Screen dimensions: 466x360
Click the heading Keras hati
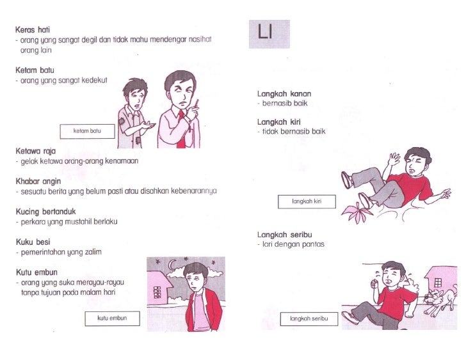[33, 30]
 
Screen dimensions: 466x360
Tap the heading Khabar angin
[38, 182]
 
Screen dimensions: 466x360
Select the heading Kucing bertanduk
[46, 212]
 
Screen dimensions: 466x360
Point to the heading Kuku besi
[33, 242]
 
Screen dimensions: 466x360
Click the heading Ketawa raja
[36, 151]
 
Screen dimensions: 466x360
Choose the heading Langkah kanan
[284, 94]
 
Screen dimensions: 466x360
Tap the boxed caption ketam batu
[87, 131]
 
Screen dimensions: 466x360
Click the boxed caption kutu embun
[113, 318]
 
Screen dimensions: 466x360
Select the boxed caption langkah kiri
[307, 201]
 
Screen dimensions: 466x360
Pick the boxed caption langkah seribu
[309, 318]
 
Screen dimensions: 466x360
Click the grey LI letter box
[269, 34]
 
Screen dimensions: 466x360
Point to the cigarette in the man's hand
[197, 103]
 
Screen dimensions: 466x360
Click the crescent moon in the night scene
[172, 264]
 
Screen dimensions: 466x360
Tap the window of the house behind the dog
[438, 282]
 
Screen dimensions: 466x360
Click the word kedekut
[94, 81]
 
